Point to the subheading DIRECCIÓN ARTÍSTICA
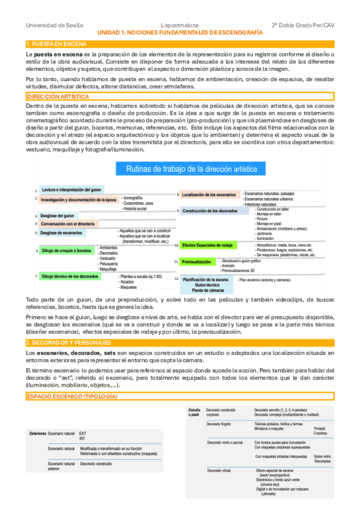[x=58, y=97]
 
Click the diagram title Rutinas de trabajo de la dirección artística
[x=192, y=170]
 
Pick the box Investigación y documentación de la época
[x=78, y=199]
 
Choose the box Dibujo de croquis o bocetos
[x=66, y=250]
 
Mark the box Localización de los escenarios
[x=209, y=194]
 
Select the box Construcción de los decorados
[x=210, y=211]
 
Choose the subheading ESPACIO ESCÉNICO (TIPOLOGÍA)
[x=72, y=398]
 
